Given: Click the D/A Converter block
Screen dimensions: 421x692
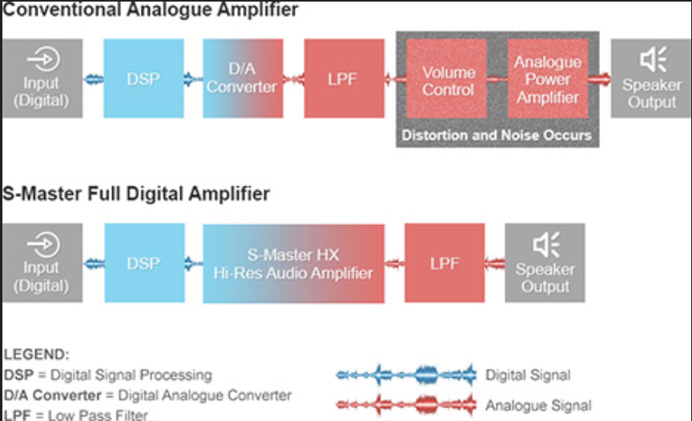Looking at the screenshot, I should point(243,78).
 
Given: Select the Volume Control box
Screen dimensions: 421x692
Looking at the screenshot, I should point(448,79).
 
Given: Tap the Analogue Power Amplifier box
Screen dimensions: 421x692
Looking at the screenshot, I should point(547,79).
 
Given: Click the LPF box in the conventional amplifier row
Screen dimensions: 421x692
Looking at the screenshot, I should point(344,78).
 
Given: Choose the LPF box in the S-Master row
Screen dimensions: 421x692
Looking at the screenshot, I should point(445,263).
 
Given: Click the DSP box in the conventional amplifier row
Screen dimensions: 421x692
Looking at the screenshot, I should point(143,78).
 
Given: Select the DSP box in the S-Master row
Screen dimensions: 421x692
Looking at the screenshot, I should point(143,263).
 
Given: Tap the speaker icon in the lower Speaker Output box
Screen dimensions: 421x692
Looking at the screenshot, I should point(545,245).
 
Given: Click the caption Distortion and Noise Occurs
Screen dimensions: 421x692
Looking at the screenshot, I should point(497,134).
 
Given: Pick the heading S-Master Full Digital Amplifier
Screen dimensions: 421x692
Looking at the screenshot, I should point(136,194).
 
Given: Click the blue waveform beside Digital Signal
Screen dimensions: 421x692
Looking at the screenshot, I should point(407,375).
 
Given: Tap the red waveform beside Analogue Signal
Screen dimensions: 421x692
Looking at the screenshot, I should point(407,404).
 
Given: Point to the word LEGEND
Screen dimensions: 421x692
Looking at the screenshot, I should point(37,354).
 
